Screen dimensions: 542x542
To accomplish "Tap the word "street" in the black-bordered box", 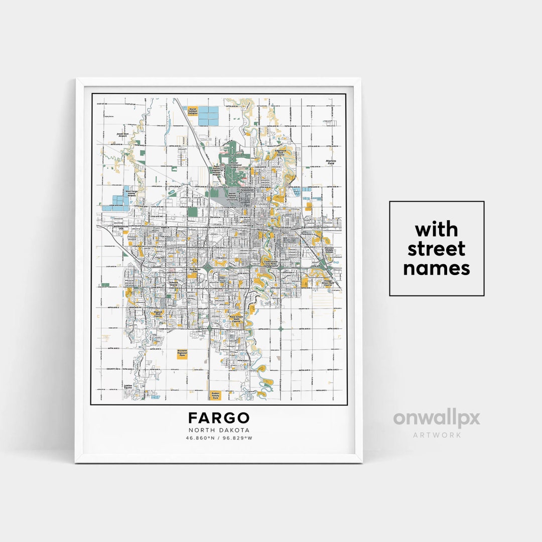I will [436, 249].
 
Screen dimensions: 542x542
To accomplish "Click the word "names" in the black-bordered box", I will [436, 268].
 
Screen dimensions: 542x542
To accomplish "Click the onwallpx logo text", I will [436, 418].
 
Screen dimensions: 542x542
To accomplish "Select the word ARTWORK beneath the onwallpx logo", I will [436, 435].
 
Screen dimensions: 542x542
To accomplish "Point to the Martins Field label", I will [330, 162].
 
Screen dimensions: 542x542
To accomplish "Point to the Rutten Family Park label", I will [215, 395].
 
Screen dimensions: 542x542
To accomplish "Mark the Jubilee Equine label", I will [127, 387].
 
